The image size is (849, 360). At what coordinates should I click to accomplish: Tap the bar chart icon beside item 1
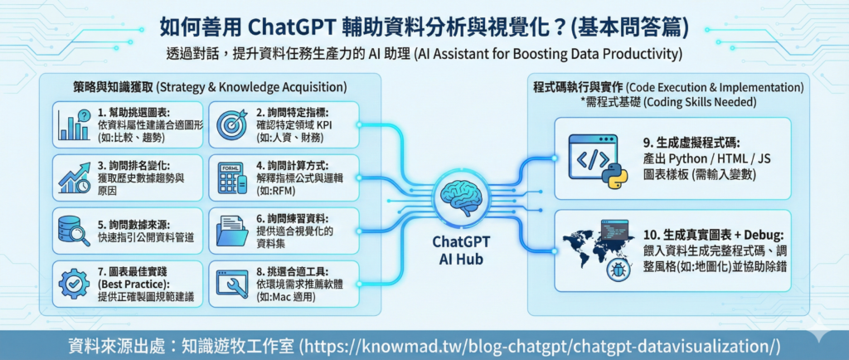tap(74, 125)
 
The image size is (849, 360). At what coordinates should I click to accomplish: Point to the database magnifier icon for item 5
tap(74, 231)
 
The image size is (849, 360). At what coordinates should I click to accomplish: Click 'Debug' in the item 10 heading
tap(765, 236)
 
